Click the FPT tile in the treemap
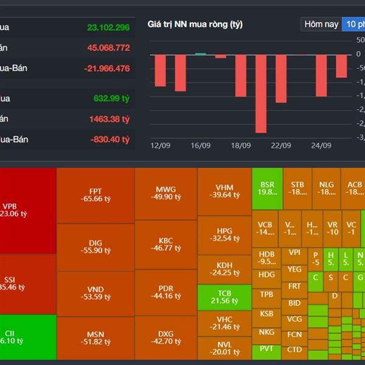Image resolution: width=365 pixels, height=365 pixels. click(96, 195)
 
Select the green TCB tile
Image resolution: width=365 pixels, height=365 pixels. click(224, 297)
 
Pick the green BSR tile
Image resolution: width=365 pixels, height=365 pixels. click(267, 187)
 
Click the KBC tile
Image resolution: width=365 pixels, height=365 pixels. click(165, 244)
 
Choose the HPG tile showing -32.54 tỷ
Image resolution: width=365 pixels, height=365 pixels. click(224, 235)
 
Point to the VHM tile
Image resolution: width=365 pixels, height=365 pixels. click(224, 191)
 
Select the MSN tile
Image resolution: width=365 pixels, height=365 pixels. click(96, 338)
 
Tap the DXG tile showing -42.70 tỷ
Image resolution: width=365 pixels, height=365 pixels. click(165, 338)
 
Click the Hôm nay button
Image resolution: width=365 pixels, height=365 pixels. click(321, 24)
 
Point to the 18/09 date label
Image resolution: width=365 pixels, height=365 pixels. click(241, 146)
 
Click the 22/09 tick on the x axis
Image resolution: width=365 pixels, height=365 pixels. click(281, 146)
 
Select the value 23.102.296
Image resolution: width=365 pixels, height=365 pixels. click(108, 27)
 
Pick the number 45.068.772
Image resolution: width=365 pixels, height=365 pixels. click(108, 47)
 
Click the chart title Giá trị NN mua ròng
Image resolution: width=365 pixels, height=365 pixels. click(195, 24)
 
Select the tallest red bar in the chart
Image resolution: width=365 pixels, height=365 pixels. click(261, 94)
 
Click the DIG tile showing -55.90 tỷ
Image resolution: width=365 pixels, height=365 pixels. click(96, 246)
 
